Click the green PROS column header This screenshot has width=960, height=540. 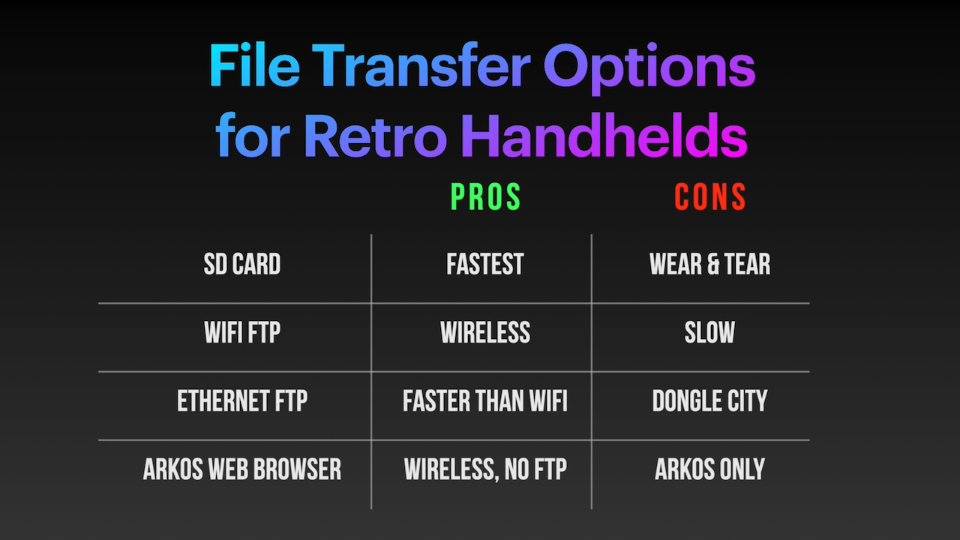(x=485, y=197)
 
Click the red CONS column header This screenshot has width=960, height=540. (x=709, y=197)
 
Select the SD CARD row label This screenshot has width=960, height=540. (x=241, y=265)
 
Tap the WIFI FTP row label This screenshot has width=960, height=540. (x=241, y=333)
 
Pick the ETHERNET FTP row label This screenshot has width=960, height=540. (x=241, y=401)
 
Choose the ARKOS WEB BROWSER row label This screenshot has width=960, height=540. (x=241, y=469)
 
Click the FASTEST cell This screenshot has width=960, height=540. (x=484, y=265)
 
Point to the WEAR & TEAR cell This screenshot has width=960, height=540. (x=709, y=265)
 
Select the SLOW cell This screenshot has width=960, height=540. (x=709, y=333)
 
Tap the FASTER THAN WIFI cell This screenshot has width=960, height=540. (x=484, y=401)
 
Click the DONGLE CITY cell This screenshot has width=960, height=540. (x=709, y=401)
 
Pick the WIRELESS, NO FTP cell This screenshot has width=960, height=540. (x=484, y=469)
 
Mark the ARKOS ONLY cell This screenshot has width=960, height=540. (x=709, y=469)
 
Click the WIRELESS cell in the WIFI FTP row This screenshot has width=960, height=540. (x=484, y=333)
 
